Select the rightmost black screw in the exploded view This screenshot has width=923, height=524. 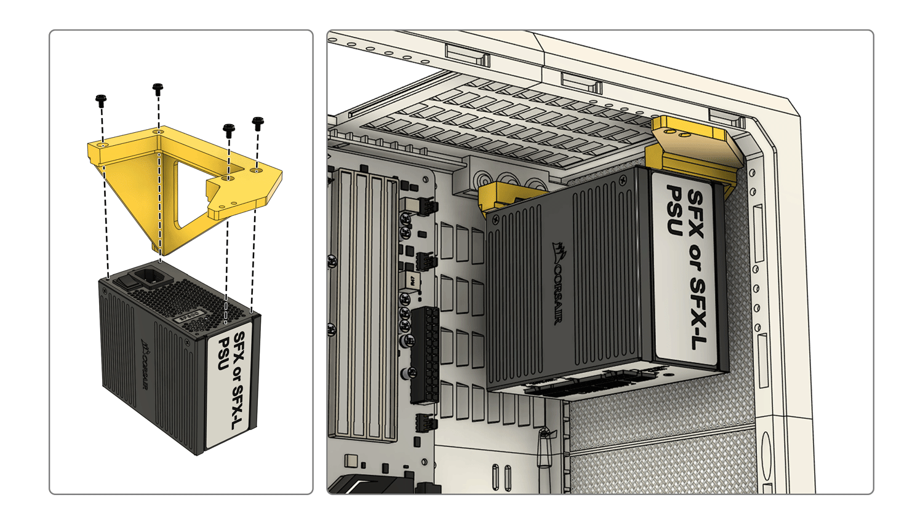pos(258,123)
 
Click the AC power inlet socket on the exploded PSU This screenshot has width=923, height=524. pos(149,278)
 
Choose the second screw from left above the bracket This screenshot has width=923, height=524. pos(158,89)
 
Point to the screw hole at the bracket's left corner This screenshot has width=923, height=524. pos(103,145)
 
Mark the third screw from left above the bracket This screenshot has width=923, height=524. pos(229,130)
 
